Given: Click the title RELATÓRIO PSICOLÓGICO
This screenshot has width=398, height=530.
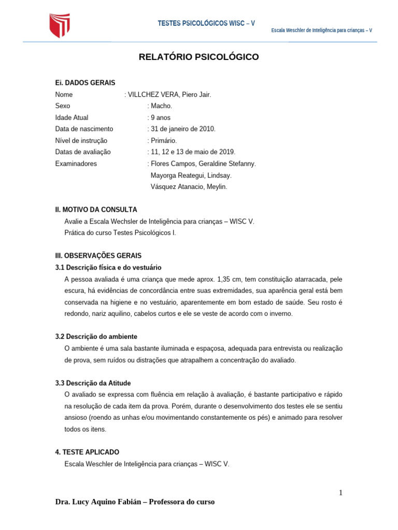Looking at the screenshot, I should click(x=198, y=57).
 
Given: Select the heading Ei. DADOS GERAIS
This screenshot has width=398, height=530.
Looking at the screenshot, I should click(x=85, y=83).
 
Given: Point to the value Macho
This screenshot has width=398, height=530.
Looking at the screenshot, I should click(x=157, y=106).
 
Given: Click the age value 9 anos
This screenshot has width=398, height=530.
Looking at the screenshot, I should click(x=159, y=117).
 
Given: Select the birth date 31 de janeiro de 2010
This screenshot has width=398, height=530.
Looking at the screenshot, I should click(x=181, y=129).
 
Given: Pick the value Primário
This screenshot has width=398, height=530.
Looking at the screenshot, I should click(x=162, y=140).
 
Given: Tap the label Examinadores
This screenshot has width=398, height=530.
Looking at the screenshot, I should click(x=76, y=164).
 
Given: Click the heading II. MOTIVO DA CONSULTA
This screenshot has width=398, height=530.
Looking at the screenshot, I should click(x=96, y=210).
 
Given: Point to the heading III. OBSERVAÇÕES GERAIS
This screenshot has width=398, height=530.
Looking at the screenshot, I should click(x=98, y=256).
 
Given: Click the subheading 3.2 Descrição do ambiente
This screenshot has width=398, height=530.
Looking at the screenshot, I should click(x=96, y=336).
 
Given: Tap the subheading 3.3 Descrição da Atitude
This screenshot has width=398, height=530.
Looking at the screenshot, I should click(x=93, y=383).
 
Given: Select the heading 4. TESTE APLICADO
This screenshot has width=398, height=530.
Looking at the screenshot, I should click(x=87, y=452).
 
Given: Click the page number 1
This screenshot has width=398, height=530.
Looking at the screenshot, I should click(x=340, y=492).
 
